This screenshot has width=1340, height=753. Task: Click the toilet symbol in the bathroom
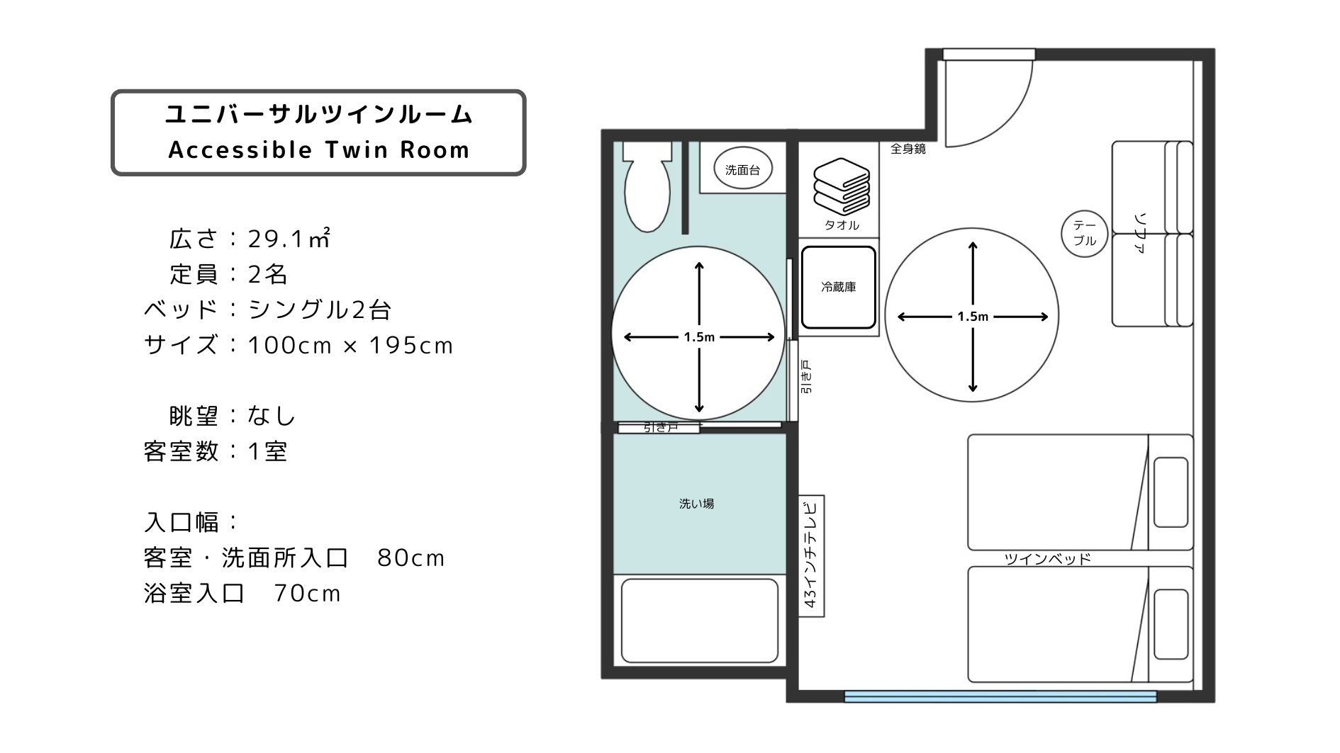[x=647, y=186]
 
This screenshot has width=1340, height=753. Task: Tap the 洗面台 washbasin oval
[x=743, y=169]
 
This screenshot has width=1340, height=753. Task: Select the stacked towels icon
[x=841, y=186]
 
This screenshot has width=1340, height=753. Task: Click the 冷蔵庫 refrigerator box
[x=839, y=287]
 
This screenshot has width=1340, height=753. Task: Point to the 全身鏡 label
[x=908, y=149]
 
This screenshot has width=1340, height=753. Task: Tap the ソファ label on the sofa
[x=1140, y=233]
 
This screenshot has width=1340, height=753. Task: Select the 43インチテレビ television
[x=812, y=555]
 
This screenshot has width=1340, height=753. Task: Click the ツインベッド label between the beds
[x=1047, y=559]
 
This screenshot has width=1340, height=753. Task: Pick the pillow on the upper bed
[x=1171, y=492]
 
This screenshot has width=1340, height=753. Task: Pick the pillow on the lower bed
[x=1171, y=624]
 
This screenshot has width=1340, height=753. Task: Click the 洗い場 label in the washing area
[x=696, y=504]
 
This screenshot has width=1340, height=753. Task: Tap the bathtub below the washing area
[x=699, y=621]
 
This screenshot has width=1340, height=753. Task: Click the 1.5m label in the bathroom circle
[x=699, y=337]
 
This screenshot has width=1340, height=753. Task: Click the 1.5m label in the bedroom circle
[x=973, y=317]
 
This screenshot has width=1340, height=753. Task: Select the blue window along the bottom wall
[x=1000, y=697]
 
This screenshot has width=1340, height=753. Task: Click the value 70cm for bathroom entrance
[x=307, y=593]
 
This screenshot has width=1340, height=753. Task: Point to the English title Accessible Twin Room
[x=319, y=150]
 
